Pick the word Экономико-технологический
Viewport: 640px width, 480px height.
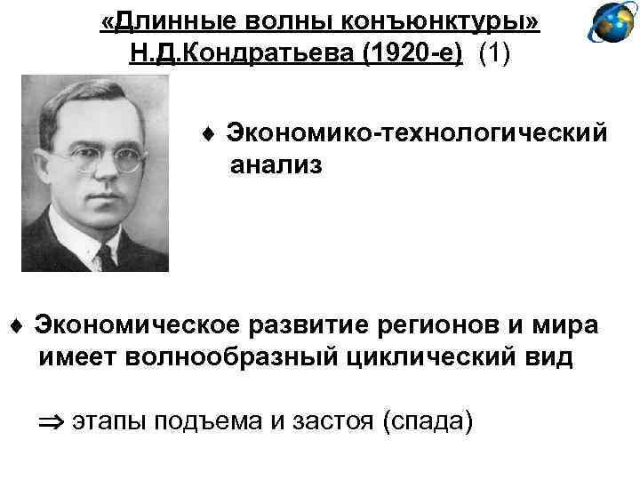click(417, 133)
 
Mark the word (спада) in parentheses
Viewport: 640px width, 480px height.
click(427, 420)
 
